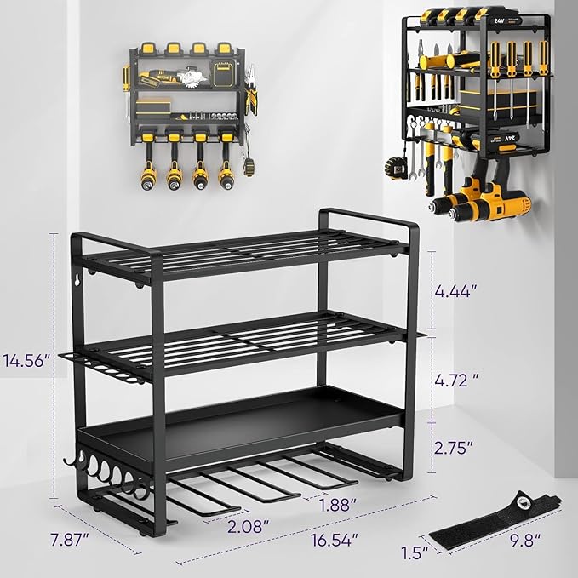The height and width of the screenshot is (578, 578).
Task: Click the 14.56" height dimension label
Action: click(x=26, y=360)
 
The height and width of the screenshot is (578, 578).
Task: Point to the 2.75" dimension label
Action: click(x=458, y=447)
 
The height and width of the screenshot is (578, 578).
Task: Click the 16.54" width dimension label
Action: click(x=333, y=540)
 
